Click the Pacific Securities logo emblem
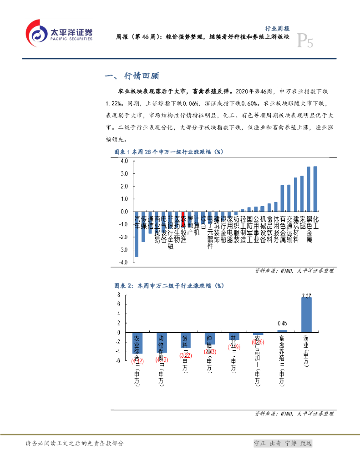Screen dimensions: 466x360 pyautogui.click(x=36, y=32)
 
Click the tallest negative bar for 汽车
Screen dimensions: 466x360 pyautogui.click(x=137, y=234)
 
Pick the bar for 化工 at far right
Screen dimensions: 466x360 pyautogui.click(x=315, y=189)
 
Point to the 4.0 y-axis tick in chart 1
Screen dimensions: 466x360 pyautogui.click(x=124, y=161)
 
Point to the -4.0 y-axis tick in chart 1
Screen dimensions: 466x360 pyautogui.click(x=123, y=263)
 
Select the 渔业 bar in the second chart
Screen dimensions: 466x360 pyautogui.click(x=306, y=315)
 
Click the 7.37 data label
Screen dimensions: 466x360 pyautogui.click(x=307, y=296)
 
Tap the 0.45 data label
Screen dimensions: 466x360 pyautogui.click(x=282, y=324)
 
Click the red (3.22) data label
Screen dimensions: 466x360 pyautogui.click(x=185, y=355)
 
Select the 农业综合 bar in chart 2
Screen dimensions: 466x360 pyautogui.click(x=137, y=343)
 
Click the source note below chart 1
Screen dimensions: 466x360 pyautogui.click(x=294, y=271)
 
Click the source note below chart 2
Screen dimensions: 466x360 pyautogui.click(x=294, y=414)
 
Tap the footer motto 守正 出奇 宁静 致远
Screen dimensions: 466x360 pyautogui.click(x=283, y=443)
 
